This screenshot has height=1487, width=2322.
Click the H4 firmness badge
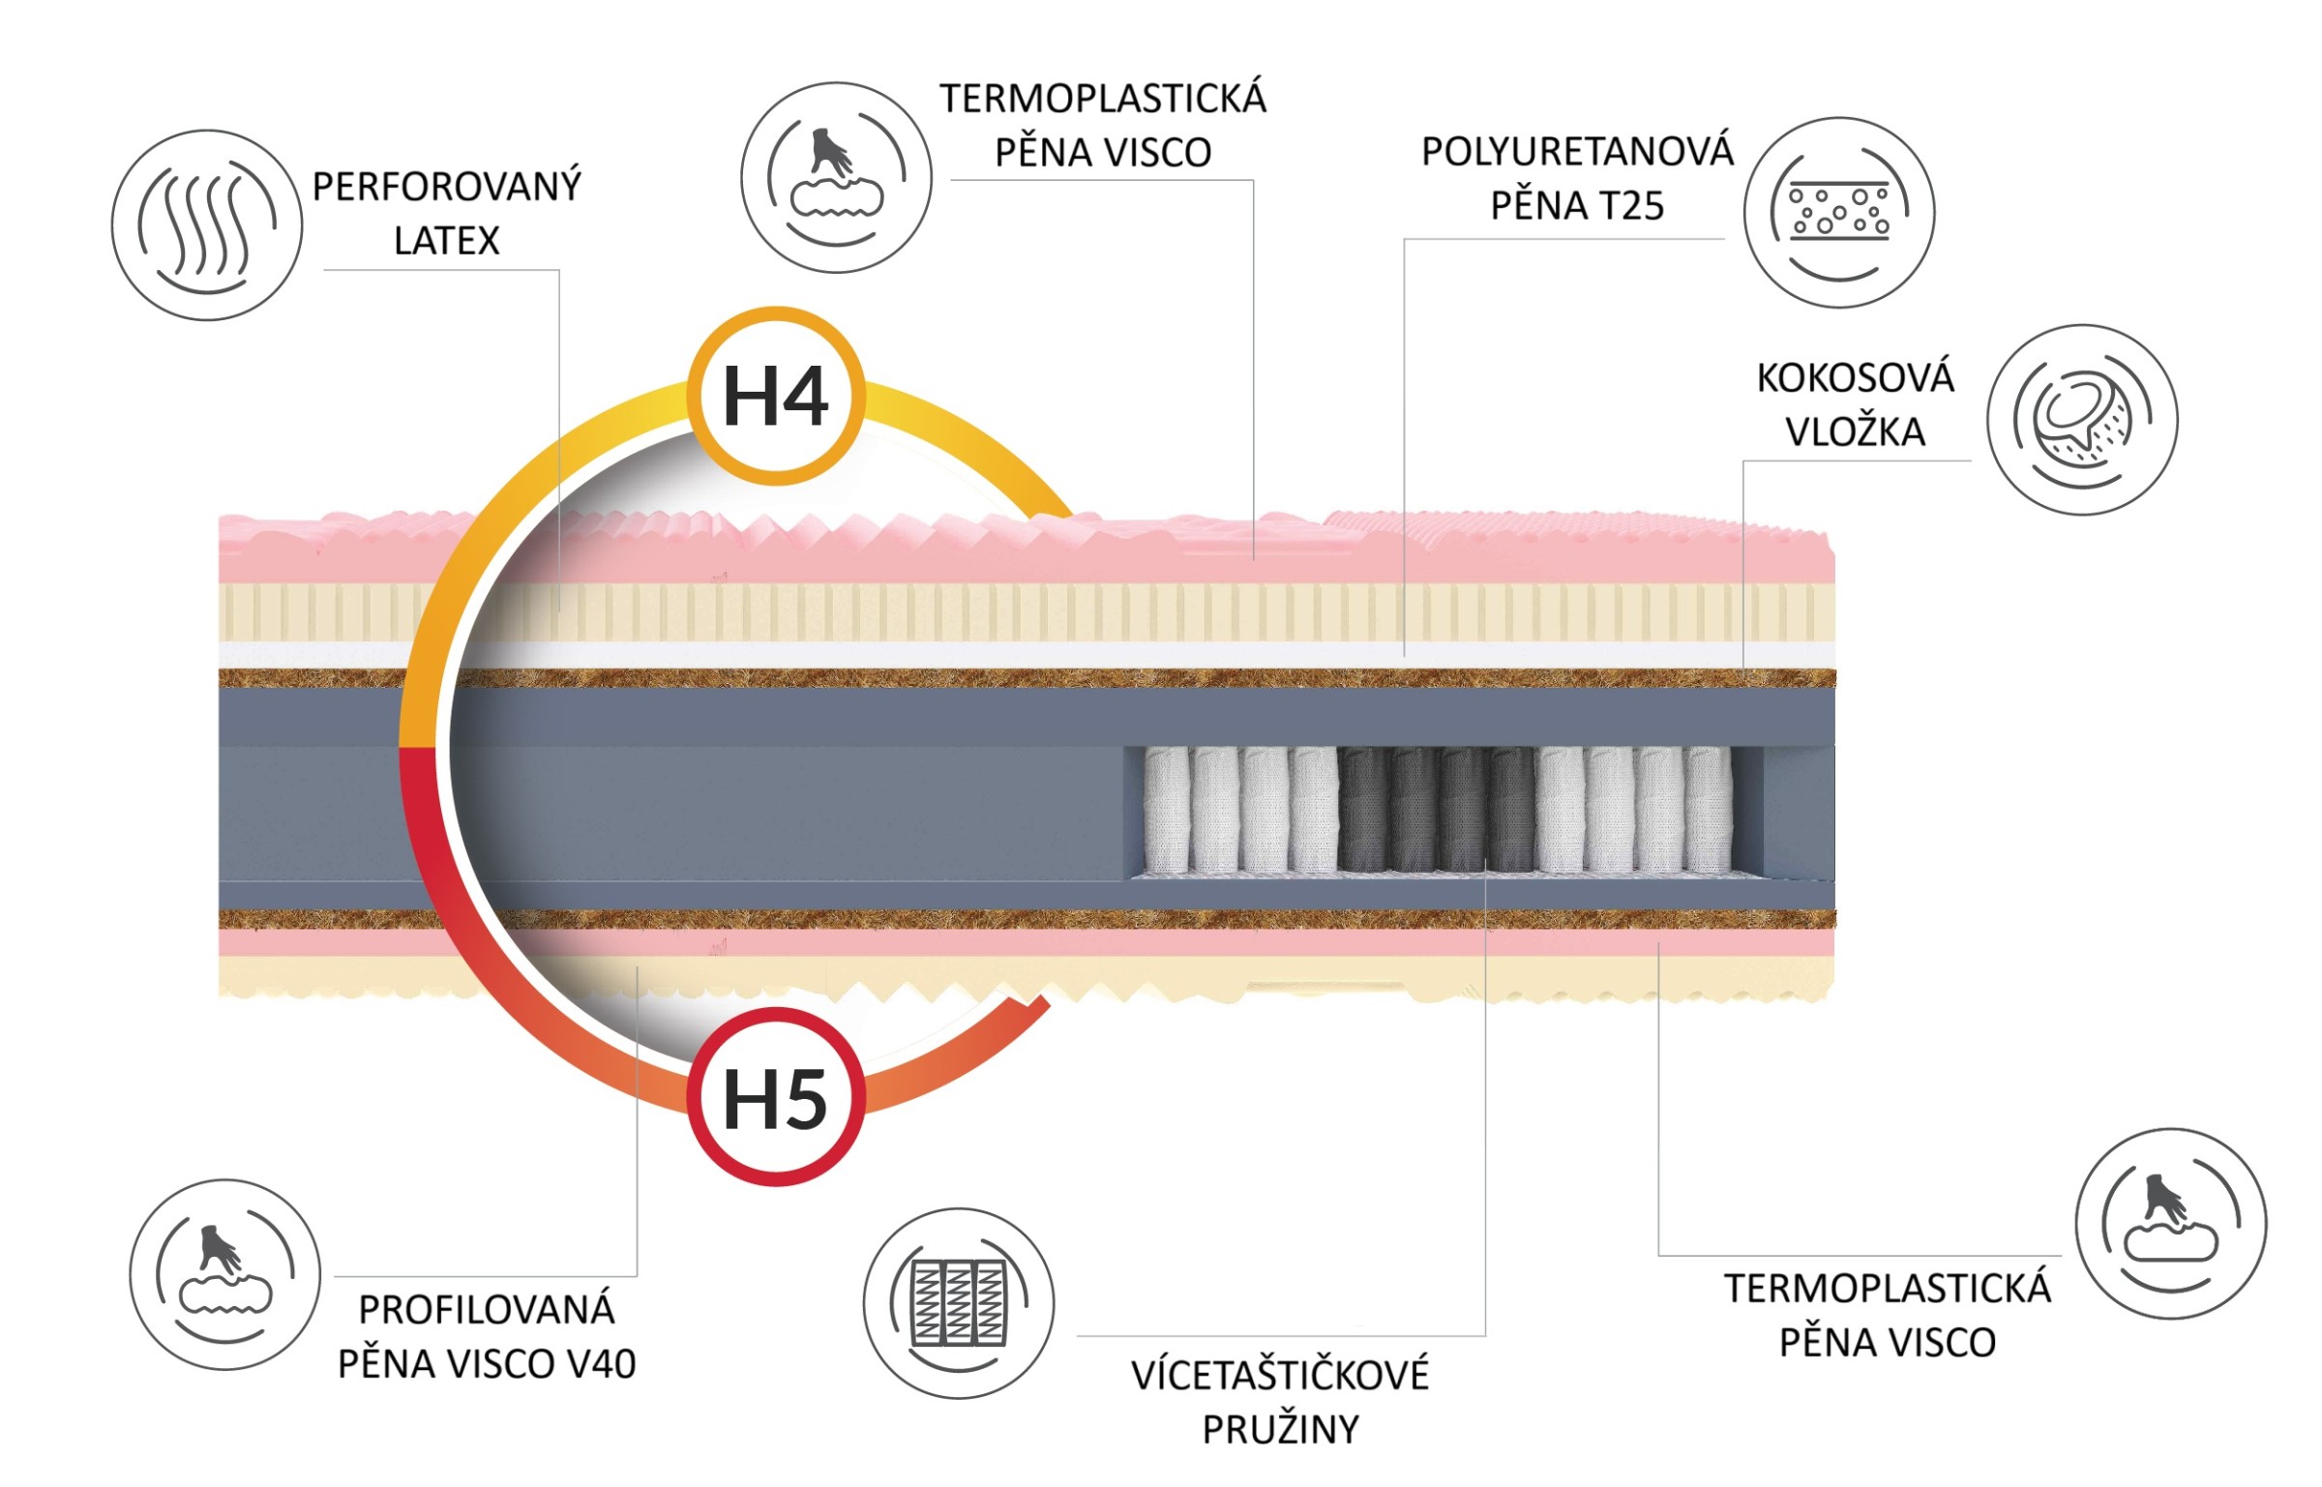pos(775,396)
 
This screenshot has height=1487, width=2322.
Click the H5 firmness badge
pos(775,1097)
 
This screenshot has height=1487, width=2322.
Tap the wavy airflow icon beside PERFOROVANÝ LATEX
pos(207,225)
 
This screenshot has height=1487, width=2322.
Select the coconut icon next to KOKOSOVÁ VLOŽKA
pos(2082,420)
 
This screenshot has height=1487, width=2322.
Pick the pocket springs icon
pos(959,1303)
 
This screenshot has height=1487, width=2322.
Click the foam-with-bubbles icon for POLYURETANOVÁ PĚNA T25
pos(1839,213)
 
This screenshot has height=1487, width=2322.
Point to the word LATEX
pos(447,241)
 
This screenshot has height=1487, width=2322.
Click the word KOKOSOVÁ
pos(1855,377)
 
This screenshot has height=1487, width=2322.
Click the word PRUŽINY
pos(1280,1430)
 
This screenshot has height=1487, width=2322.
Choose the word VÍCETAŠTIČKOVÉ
pos(1280,1375)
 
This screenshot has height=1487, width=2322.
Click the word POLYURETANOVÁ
pos(1577,151)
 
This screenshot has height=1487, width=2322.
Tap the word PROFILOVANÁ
pos(487,1309)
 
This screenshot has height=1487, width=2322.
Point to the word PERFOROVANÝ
pos(447,186)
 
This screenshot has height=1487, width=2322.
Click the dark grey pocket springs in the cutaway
pos(1437,809)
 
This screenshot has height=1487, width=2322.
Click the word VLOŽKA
pos(1855,431)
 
